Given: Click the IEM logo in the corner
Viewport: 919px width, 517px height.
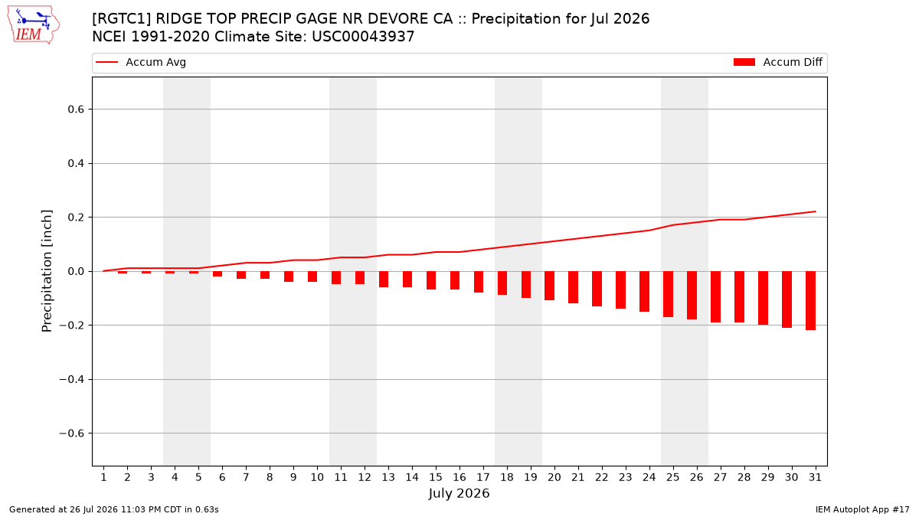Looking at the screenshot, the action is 33,25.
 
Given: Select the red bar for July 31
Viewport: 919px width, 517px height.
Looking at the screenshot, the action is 810,300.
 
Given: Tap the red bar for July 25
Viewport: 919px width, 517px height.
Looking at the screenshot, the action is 668,294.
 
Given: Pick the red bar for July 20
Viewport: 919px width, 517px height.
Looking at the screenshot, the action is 549,286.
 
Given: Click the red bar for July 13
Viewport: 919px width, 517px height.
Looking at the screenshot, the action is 384,279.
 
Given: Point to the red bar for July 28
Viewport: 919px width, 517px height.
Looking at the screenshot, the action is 739,296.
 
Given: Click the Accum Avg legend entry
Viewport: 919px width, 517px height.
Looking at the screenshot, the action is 141,62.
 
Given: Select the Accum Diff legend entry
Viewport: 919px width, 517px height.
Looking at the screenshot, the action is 778,62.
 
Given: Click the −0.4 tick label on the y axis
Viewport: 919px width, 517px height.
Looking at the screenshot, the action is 71,379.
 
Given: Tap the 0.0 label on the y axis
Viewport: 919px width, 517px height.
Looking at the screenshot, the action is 76,271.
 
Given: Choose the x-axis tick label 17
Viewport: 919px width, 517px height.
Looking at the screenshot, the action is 483,477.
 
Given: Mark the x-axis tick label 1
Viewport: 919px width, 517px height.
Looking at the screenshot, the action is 103,477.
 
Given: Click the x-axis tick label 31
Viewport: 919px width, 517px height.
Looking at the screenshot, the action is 815,477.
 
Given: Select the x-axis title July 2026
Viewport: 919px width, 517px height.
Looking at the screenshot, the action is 459,493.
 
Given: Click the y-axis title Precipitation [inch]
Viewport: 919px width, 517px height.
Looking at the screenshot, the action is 47,271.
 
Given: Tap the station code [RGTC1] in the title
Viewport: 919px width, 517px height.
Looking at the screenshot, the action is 122,19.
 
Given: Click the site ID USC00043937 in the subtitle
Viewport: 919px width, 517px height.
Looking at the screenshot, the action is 363,37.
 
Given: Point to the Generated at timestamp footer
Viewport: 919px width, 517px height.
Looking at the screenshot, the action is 113,509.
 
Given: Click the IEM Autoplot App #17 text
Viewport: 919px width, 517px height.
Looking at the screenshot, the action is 862,509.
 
